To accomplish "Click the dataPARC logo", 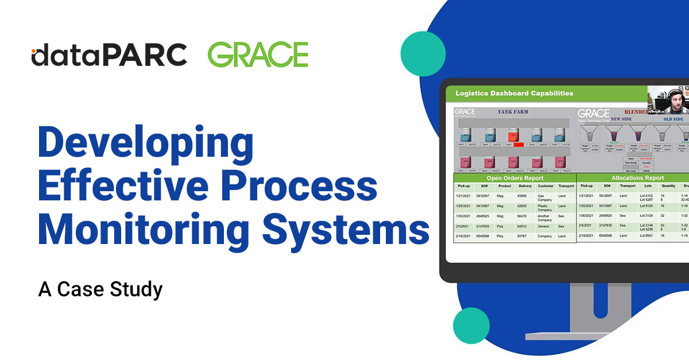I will click(109, 55).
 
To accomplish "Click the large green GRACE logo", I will click(258, 55).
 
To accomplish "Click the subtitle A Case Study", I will click(100, 289).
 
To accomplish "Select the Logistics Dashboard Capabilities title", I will click(514, 93).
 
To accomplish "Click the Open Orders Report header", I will click(514, 178).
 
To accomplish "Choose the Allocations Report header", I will click(637, 178).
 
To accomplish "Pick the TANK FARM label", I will click(513, 111).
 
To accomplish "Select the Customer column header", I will click(545, 186).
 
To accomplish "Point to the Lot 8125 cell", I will click(645, 206).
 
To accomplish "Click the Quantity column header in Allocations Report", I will click(668, 186).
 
